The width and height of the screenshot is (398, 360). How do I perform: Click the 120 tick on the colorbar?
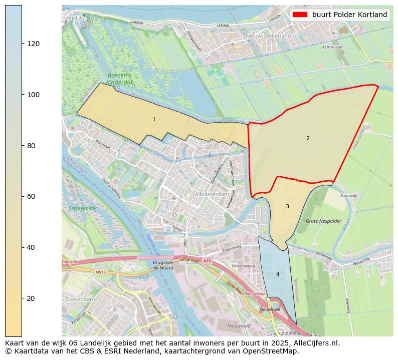click(23, 44)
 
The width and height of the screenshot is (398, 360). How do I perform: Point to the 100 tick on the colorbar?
click(23, 95)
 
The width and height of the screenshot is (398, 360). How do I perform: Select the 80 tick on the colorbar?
click(23, 146)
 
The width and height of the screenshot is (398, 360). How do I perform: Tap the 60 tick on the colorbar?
click(23, 196)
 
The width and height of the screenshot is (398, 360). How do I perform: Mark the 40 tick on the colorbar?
click(23, 247)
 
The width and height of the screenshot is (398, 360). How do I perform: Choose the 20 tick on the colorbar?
click(23, 298)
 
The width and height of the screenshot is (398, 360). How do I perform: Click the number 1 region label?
click(154, 119)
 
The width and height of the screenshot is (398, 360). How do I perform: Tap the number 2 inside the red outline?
click(308, 138)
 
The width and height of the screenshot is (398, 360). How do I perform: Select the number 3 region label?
click(287, 206)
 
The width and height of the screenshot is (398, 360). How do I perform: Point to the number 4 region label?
click(278, 274)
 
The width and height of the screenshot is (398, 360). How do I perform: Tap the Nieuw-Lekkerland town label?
click(268, 36)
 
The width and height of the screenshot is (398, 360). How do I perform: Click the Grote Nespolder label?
click(323, 221)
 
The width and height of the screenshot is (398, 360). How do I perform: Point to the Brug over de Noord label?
click(163, 265)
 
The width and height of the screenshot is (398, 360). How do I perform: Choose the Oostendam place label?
click(80, 299)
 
